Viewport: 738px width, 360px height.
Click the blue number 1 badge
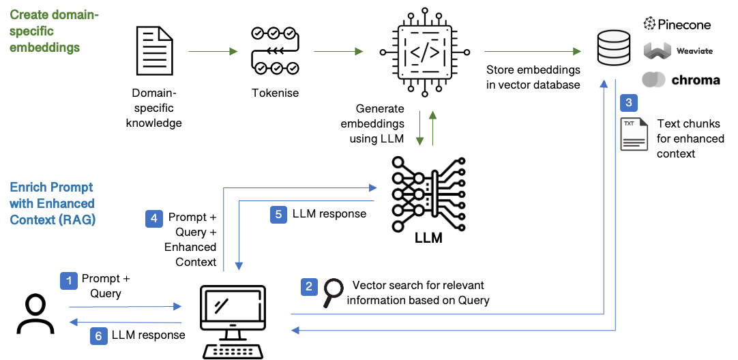pos(69,281)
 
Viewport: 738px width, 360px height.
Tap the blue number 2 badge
pos(310,286)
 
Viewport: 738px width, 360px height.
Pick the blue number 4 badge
pos(154,219)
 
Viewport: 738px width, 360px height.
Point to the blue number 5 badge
pos(278,214)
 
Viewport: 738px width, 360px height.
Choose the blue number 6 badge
pos(99,335)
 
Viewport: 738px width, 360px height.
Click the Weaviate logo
pos(677,51)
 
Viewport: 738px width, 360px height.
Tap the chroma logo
pos(680,80)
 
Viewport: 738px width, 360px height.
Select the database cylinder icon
pos(612,47)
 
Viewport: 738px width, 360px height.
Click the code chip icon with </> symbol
pos(424,51)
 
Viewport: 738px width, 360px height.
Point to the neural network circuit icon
pos(428,194)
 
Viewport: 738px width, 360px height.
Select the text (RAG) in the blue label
pos(76,220)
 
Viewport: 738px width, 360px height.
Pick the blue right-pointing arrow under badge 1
pos(126,307)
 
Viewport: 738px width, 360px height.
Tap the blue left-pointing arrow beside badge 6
pos(126,322)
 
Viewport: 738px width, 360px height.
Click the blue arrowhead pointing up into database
pos(604,83)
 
